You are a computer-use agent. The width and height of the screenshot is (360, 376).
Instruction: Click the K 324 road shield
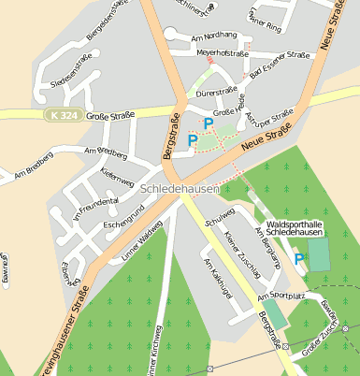56,115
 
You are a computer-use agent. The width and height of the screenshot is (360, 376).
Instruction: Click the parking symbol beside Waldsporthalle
299,259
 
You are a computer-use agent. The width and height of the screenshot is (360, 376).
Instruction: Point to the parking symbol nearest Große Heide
209,123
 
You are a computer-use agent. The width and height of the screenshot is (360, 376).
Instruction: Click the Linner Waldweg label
142,238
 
